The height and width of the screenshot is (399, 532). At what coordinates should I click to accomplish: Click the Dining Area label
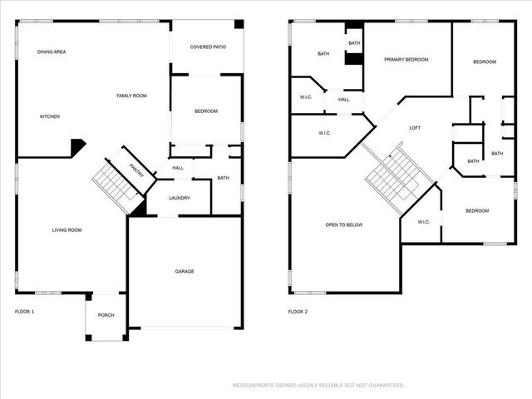click(x=52, y=52)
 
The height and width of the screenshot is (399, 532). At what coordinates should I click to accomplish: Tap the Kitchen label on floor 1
click(x=50, y=116)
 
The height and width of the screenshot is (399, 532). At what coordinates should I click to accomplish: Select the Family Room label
click(x=131, y=96)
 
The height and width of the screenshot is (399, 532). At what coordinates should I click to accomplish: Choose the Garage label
click(x=185, y=271)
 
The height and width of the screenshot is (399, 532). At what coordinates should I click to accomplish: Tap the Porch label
click(x=106, y=315)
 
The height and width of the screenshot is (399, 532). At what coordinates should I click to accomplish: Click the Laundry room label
click(x=180, y=198)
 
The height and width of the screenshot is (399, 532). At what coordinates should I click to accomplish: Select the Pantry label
click(x=137, y=170)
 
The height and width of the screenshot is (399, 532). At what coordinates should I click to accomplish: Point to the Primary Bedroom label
click(x=406, y=60)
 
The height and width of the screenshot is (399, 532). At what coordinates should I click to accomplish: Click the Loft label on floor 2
click(x=415, y=128)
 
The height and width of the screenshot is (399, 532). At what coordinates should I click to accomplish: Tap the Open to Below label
click(x=340, y=224)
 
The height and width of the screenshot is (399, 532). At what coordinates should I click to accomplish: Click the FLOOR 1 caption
click(x=25, y=312)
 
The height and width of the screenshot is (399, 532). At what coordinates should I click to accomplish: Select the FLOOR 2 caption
click(x=298, y=312)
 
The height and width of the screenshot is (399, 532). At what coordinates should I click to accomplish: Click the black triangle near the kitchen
click(x=76, y=147)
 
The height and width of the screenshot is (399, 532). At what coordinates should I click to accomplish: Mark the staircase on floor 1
click(x=115, y=183)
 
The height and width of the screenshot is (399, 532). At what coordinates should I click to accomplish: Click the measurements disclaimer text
click(x=318, y=386)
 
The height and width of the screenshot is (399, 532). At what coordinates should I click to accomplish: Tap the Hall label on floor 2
click(x=344, y=100)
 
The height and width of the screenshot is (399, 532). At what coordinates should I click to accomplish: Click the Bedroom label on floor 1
click(x=206, y=111)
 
